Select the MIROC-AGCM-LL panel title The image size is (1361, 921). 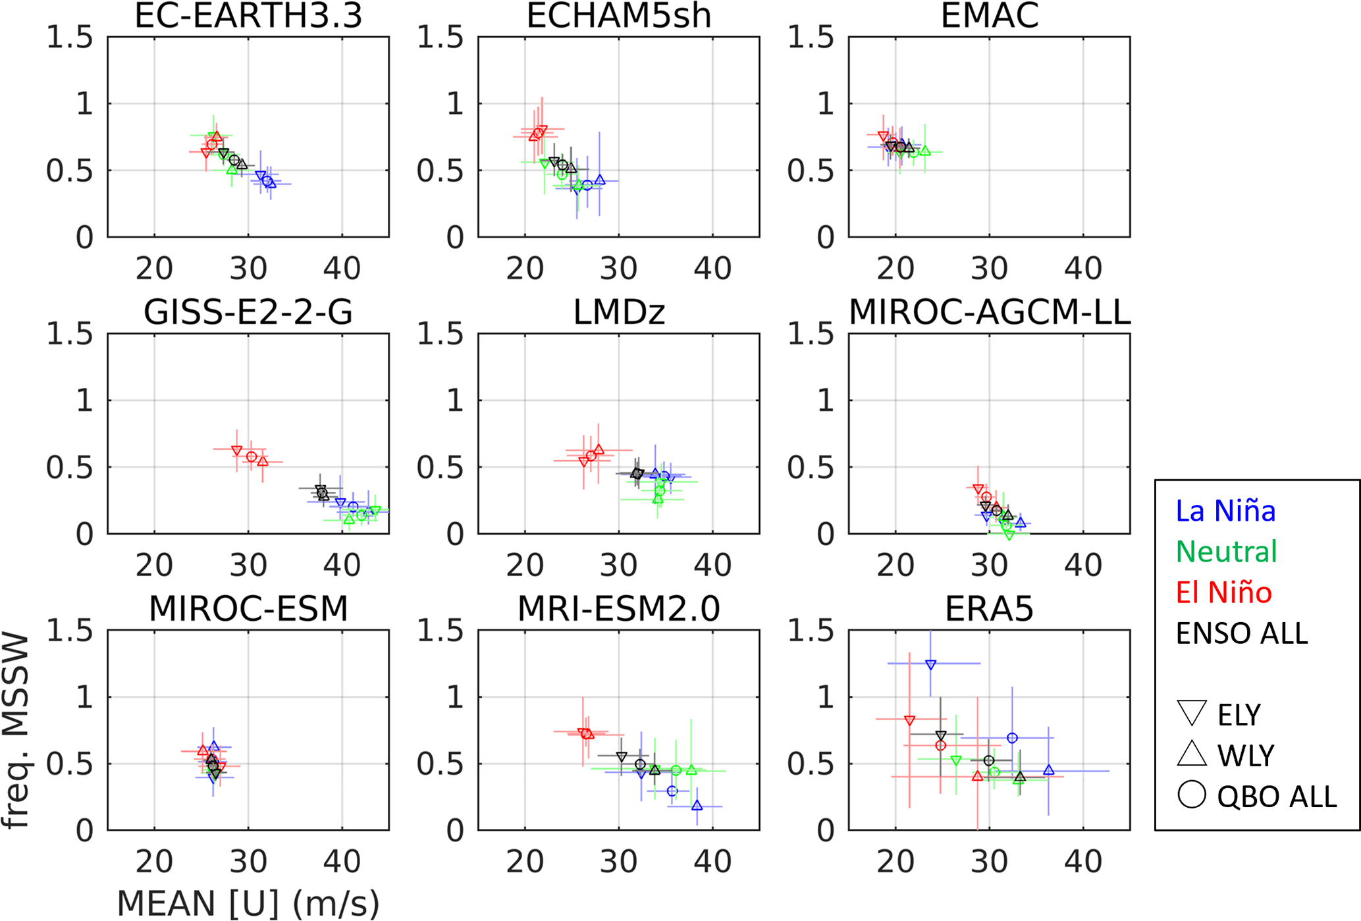(x=990, y=311)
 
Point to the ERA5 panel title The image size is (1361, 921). (x=989, y=608)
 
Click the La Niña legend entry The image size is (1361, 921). (x=1225, y=511)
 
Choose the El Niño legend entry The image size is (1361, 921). (x=1223, y=592)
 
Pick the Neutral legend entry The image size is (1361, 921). (x=1226, y=551)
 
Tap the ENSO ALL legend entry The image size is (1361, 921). (x=1242, y=633)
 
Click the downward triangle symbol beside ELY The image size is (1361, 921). (x=1191, y=713)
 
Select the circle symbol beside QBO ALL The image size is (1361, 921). (x=1191, y=795)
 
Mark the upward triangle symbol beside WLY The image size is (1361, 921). (x=1191, y=754)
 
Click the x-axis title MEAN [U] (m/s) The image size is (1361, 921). (x=248, y=903)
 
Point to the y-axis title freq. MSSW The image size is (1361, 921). (x=16, y=731)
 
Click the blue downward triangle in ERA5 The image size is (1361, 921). (x=930, y=665)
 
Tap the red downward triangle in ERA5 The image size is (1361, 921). (x=909, y=720)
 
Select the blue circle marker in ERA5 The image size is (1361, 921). (x=1012, y=738)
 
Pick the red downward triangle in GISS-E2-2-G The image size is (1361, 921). (x=236, y=450)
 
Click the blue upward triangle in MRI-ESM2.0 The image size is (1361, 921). (x=697, y=805)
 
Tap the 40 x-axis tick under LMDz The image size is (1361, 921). (x=712, y=566)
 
